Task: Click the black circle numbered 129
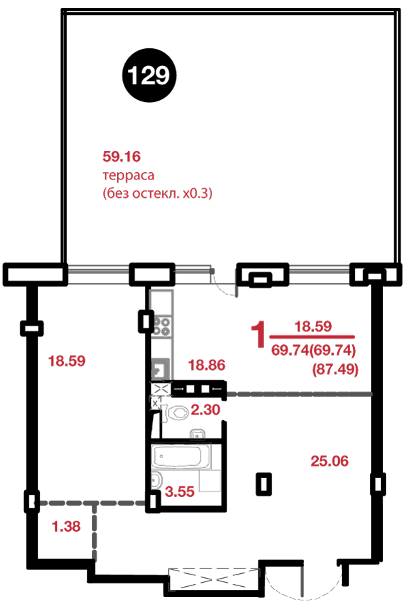pyautogui.click(x=149, y=75)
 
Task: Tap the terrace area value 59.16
pyautogui.click(x=122, y=156)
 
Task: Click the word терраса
pyautogui.click(x=129, y=175)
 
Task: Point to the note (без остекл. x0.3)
pyautogui.click(x=157, y=193)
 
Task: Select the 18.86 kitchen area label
pyautogui.click(x=207, y=365)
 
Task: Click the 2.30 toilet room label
pyautogui.click(x=205, y=409)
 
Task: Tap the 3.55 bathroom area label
pyautogui.click(x=180, y=492)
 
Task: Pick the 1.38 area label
pyautogui.click(x=66, y=526)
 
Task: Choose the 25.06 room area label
pyautogui.click(x=330, y=461)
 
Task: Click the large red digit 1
pyautogui.click(x=258, y=335)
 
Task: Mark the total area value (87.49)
pyautogui.click(x=335, y=369)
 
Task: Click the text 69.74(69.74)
pyautogui.click(x=313, y=350)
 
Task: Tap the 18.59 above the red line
pyautogui.click(x=313, y=326)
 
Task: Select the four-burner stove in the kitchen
pyautogui.click(x=161, y=326)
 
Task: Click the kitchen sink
pyautogui.click(x=160, y=369)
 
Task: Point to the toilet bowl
pyautogui.click(x=177, y=413)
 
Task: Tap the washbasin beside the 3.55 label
pyautogui.click(x=156, y=480)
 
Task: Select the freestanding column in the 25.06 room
pyautogui.click(x=264, y=484)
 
